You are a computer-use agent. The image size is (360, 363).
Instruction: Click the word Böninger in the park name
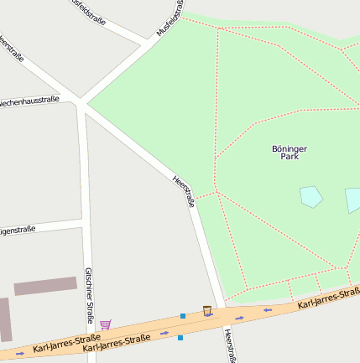click(290, 148)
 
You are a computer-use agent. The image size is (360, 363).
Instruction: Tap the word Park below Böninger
click(290, 157)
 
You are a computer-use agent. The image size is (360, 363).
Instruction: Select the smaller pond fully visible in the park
click(311, 197)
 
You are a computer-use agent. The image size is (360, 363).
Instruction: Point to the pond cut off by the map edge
click(352, 200)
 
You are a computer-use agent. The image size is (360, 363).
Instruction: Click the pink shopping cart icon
click(105, 324)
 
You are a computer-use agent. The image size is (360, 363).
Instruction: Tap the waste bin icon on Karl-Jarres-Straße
click(207, 311)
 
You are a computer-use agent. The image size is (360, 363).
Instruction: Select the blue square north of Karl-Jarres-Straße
click(183, 316)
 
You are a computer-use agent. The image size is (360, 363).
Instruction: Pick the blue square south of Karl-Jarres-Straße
click(180, 338)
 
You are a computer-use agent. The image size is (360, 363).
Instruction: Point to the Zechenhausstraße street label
click(29, 101)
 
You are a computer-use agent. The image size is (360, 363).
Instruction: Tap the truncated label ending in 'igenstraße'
click(18, 229)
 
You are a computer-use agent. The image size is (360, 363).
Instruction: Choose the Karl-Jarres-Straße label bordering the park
click(329, 298)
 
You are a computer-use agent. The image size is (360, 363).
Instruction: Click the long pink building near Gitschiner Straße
click(45, 286)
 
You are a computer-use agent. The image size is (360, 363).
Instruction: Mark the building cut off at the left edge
click(5, 319)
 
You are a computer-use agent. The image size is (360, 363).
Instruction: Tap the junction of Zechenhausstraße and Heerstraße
click(81, 104)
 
